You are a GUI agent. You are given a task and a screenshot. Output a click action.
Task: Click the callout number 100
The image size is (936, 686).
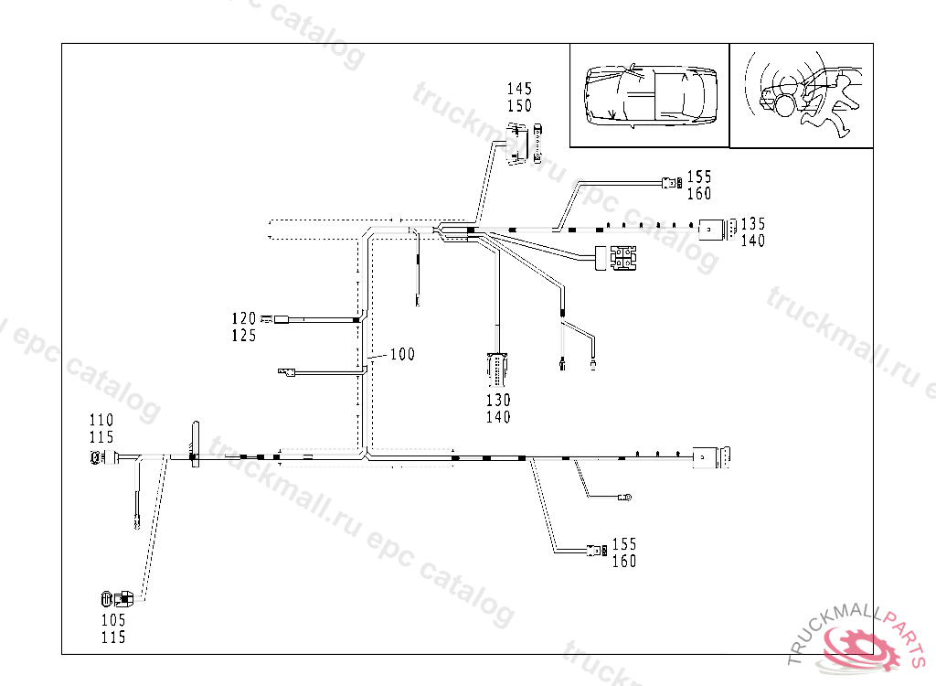tap(402, 354)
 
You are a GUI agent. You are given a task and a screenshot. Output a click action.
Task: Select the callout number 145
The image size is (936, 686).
tap(519, 89)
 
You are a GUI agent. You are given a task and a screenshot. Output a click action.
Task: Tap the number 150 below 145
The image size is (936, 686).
tap(519, 106)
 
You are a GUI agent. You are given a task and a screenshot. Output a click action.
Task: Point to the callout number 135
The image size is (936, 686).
tap(753, 223)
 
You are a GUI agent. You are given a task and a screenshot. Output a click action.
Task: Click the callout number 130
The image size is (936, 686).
tap(498, 400)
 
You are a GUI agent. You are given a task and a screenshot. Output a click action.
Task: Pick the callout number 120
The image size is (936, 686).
tap(243, 318)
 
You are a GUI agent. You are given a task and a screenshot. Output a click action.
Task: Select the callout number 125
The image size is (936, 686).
tap(243, 336)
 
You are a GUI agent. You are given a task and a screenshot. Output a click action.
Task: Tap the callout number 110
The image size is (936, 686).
tap(101, 420)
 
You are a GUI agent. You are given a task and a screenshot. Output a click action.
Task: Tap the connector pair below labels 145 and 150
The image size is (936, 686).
tap(526, 144)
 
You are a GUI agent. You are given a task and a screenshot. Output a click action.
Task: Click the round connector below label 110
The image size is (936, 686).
tap(96, 457)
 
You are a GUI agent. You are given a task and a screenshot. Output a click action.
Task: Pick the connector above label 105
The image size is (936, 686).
tap(116, 599)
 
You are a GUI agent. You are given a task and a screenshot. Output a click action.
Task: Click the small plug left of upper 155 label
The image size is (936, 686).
tap(672, 184)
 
